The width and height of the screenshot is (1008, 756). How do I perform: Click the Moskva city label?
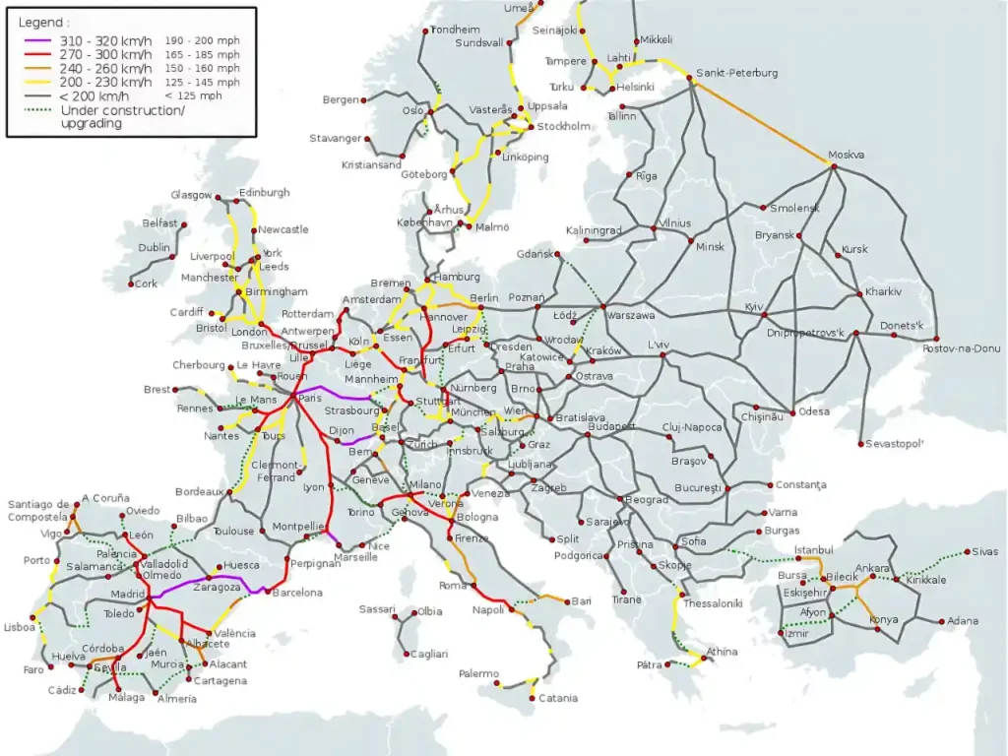point(847,155)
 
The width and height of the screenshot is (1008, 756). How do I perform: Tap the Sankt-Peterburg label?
point(736,73)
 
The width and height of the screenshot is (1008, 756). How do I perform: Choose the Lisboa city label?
point(20,627)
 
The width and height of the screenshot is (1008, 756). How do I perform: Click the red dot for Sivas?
point(968,552)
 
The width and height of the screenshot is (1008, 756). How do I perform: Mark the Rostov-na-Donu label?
point(961,348)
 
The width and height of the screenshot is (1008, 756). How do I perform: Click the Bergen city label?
point(341,100)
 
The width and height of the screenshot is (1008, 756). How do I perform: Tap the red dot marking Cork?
point(131,284)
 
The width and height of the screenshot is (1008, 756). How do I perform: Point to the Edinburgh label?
point(264,192)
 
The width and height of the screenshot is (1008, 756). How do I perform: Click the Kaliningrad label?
point(594,230)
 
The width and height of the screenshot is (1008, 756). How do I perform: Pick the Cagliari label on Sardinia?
point(428,654)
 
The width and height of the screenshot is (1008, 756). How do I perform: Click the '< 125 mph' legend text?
point(193,95)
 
